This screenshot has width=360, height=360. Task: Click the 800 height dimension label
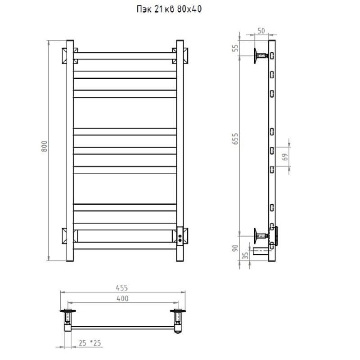pos(44,147)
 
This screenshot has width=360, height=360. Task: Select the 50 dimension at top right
pos(261,31)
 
